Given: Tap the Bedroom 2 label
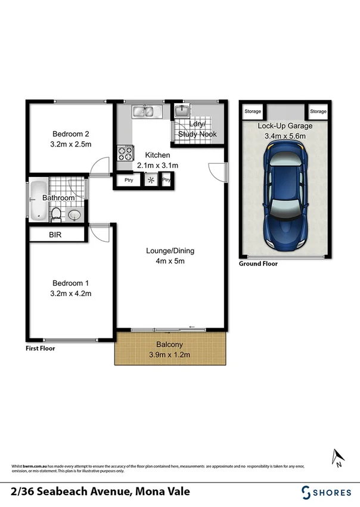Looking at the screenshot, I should pos(71,133).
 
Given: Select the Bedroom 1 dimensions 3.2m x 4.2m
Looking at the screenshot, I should pos(71,293).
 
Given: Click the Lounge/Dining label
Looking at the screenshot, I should pos(170,251).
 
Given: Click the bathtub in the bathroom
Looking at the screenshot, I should pos(38,200).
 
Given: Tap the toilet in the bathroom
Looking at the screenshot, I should pos(55,213).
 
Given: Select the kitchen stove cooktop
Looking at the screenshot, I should pos(125,154).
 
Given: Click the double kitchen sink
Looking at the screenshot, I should pos(144,111).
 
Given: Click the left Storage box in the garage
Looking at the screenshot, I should pos(253,111).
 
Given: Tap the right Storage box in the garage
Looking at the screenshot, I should pos(318,111).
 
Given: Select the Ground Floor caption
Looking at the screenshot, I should pos(258,263).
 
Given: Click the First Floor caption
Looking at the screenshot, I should pos(41,349).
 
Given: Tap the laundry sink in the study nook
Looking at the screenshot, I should pos(181,111).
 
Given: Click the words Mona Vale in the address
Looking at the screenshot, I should pos(161,492).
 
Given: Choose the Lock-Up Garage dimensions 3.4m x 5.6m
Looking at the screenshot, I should pos(285,136).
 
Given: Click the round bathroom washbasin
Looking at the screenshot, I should pos(75,214).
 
